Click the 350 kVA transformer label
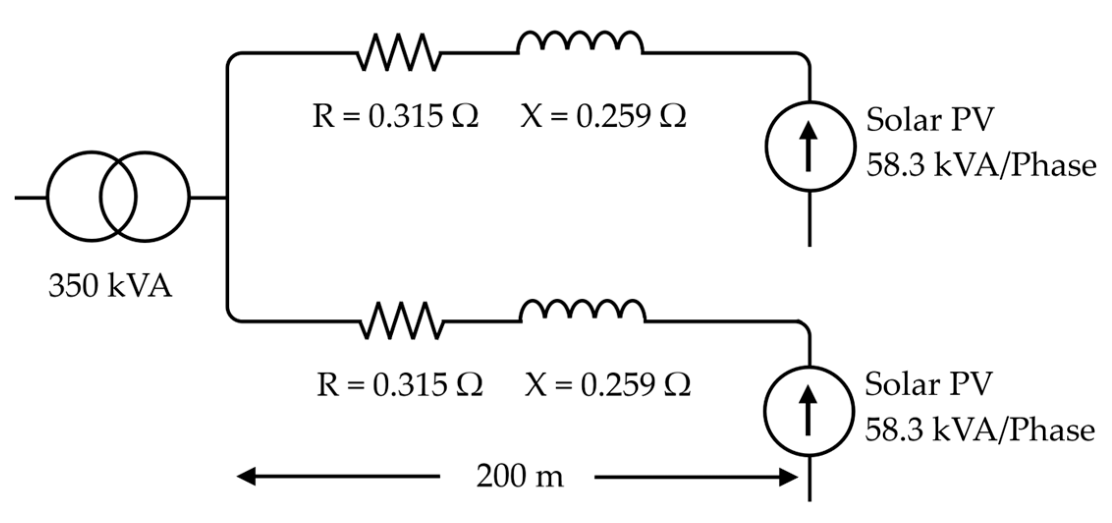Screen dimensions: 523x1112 [x=110, y=286]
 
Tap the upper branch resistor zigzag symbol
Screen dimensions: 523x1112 [x=398, y=53]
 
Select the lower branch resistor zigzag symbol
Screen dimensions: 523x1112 [x=401, y=321]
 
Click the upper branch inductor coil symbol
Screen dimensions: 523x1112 [x=580, y=43]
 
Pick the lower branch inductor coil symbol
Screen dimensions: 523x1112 [x=583, y=311]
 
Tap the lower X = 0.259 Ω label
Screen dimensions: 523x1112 [x=607, y=385]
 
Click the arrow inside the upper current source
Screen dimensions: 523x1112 [x=809, y=146]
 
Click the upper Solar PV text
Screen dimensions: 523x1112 [x=929, y=120]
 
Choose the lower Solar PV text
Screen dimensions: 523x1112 [x=928, y=384]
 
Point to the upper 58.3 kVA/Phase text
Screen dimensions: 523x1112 [x=980, y=165]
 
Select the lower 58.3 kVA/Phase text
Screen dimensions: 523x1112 [x=979, y=430]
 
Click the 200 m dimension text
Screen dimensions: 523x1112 [x=519, y=477]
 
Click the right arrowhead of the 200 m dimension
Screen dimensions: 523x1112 [x=788, y=477]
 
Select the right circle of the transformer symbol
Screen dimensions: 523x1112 [x=162, y=196]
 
